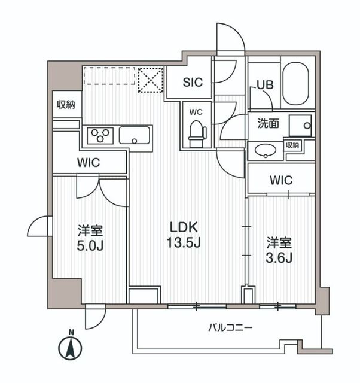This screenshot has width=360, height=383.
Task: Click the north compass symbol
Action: click(71, 348)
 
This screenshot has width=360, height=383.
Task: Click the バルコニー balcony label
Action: click(231, 327)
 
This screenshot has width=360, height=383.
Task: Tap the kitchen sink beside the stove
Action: click(136, 135)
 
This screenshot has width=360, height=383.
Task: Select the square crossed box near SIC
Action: click(151, 80)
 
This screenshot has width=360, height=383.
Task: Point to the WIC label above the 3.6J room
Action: click(280, 179)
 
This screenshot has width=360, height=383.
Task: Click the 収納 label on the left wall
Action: click(66, 105)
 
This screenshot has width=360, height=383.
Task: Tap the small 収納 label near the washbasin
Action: click(292, 145)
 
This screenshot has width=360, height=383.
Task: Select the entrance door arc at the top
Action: click(230, 39)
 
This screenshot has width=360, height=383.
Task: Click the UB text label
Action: click(265, 84)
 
